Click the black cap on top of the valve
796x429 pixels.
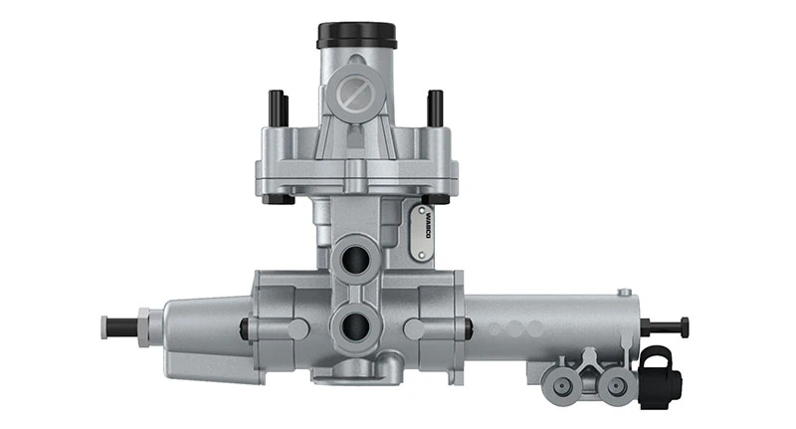[357, 36]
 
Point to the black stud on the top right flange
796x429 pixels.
[435, 108]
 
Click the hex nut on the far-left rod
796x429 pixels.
[143, 325]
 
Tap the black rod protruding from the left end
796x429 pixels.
[122, 325]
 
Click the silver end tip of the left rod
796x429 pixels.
[103, 325]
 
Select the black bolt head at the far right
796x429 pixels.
[685, 326]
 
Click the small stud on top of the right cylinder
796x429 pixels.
[624, 292]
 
